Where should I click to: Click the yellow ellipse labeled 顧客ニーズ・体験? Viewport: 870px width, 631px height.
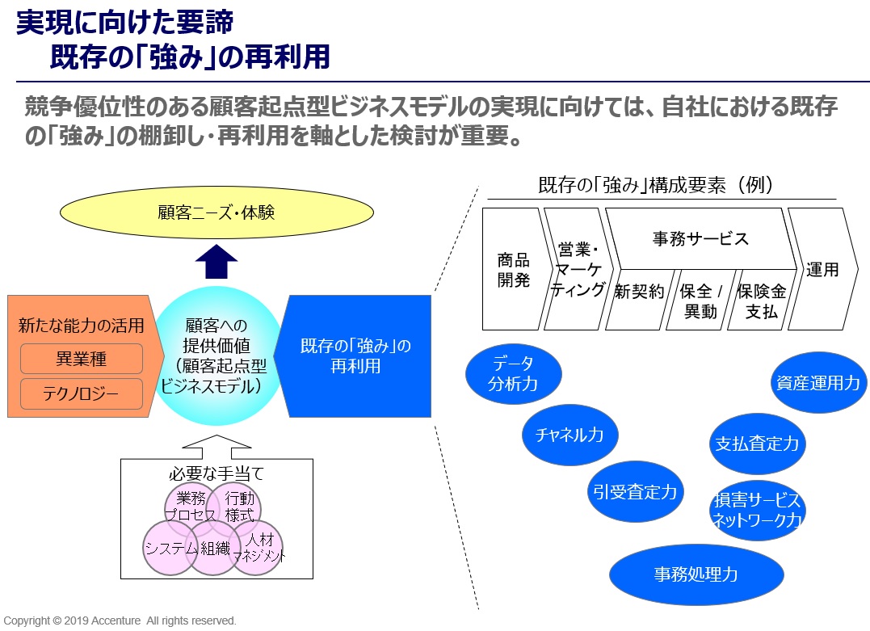[x=217, y=213]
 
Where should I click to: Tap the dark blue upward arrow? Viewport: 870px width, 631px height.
[x=216, y=262]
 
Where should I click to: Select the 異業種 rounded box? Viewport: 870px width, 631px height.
[x=81, y=358]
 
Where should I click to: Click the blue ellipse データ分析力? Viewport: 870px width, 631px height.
[x=513, y=373]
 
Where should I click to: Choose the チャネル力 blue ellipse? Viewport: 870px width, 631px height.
[x=569, y=435]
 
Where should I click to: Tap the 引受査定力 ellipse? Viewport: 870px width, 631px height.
[x=634, y=490]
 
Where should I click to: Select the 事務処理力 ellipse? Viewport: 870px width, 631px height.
[x=696, y=574]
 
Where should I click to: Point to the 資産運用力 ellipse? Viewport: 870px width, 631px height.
[x=817, y=382]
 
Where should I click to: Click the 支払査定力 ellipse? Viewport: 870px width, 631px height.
[x=757, y=444]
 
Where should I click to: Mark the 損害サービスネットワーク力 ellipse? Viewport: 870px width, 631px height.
[x=757, y=510]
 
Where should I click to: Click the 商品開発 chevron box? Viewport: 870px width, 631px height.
[x=513, y=269]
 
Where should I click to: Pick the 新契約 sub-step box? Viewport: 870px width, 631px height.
[x=638, y=300]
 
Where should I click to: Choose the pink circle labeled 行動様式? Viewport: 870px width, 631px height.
[x=239, y=505]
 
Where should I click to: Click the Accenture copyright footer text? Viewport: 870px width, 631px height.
[x=120, y=620]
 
